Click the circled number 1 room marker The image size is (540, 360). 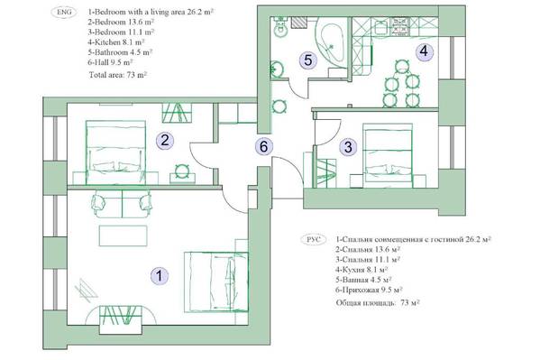pyautogui.click(x=159, y=275)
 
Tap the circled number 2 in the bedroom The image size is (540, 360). pyautogui.click(x=165, y=141)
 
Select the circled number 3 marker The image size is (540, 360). pyautogui.click(x=348, y=147)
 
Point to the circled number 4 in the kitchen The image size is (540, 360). pyautogui.click(x=424, y=51)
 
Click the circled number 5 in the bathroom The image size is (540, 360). pyautogui.click(x=308, y=60)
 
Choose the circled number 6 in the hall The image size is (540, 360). pyautogui.click(x=263, y=146)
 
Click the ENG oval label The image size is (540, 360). pyautogui.click(x=64, y=12)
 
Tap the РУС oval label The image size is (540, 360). pyautogui.click(x=314, y=239)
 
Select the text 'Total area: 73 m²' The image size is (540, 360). pyautogui.click(x=118, y=75)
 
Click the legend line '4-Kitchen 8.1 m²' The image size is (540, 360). pyautogui.click(x=116, y=42)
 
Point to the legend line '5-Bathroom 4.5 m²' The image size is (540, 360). pyautogui.click(x=120, y=52)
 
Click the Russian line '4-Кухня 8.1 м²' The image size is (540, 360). pyautogui.click(x=362, y=269)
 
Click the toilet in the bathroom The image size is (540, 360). pyautogui.click(x=280, y=27)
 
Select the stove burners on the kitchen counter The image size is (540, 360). pyautogui.click(x=399, y=27)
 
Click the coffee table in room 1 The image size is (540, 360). pyautogui.click(x=124, y=235)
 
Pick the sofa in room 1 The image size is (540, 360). pyautogui.click(x=122, y=204)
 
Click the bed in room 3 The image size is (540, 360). pyautogui.click(x=389, y=156)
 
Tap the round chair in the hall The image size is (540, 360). pyautogui.click(x=279, y=106)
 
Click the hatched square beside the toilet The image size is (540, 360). pyautogui.click(x=298, y=23)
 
